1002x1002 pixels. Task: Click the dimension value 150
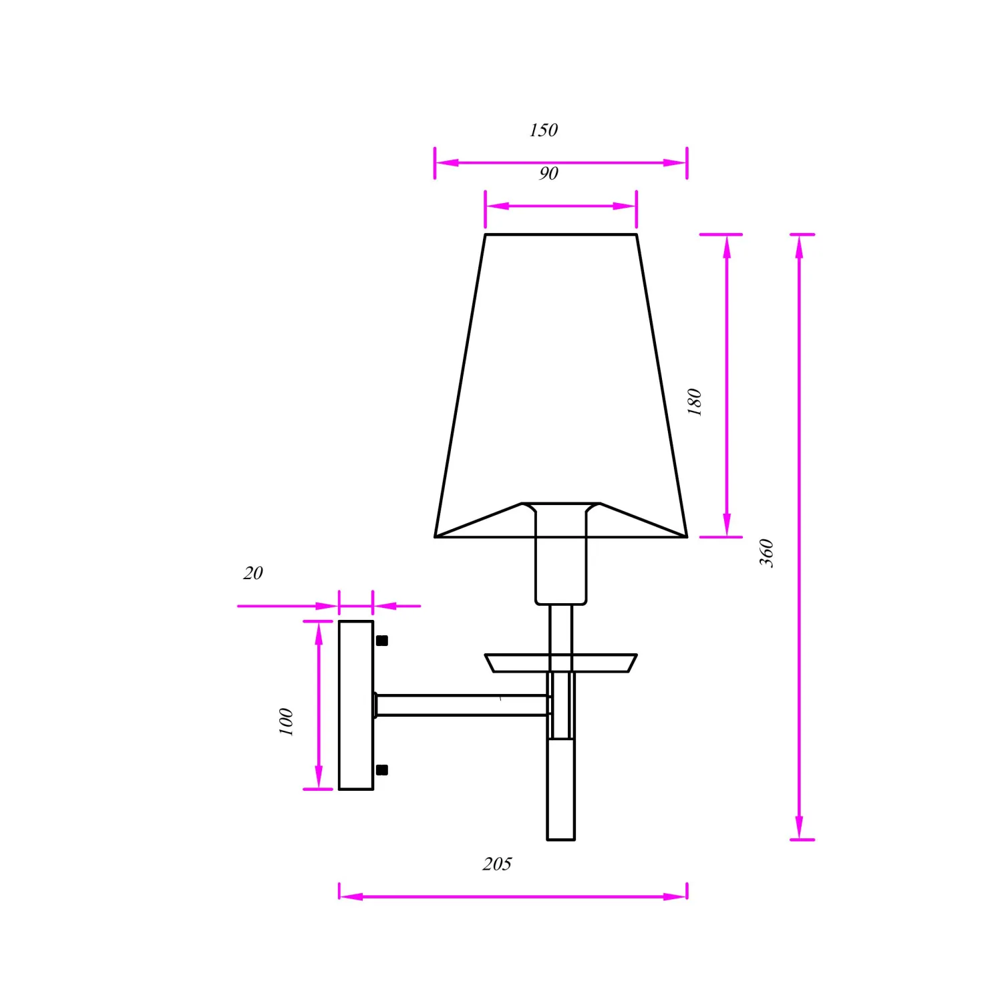pos(543,130)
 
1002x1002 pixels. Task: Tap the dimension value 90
pos(548,173)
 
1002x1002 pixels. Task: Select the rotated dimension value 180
pos(695,402)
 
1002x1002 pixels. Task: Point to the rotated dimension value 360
pos(766,553)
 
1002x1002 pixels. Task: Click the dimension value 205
pos(497,864)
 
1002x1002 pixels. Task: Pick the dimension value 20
pos(253,572)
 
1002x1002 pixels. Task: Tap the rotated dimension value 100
pos(286,722)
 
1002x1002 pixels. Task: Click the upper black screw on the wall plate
pos(382,641)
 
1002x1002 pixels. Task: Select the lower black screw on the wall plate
pos(382,770)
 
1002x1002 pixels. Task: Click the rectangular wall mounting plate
pos(356,705)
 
